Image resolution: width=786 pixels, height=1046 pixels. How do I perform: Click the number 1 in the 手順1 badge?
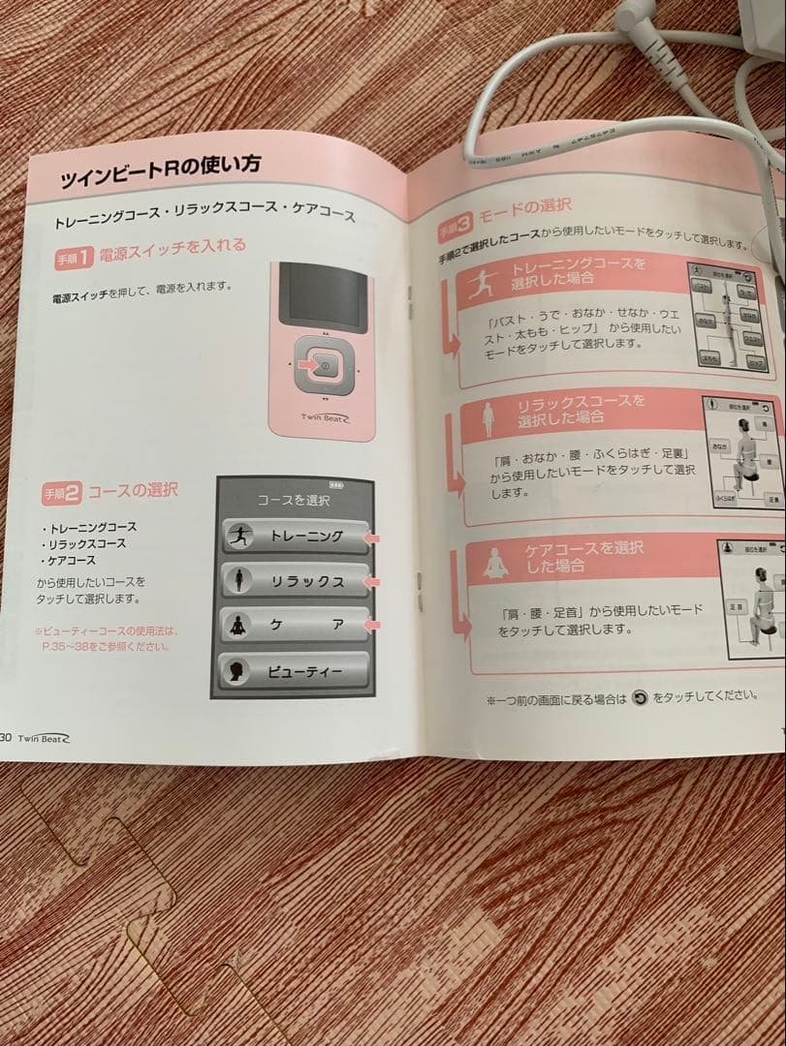pos(84,259)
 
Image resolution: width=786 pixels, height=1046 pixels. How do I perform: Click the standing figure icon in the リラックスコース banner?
pos(490,417)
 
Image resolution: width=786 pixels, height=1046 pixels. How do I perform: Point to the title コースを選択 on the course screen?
pos(294,500)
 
